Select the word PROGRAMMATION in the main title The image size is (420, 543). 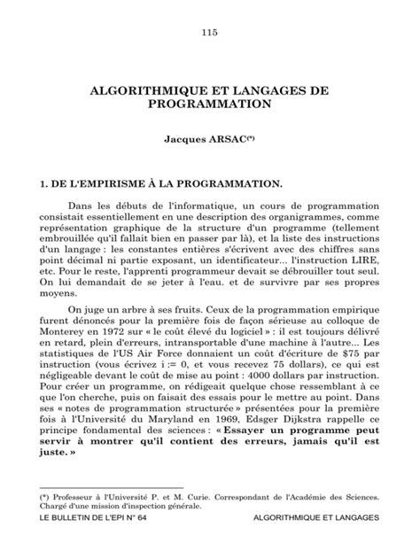209,104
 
